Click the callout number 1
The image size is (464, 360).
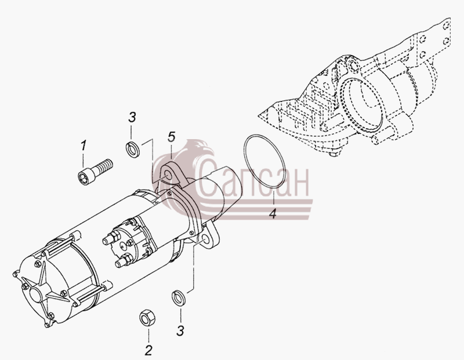coord(84,146)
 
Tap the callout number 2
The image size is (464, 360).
coord(148,350)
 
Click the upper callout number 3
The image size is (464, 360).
coord(132,117)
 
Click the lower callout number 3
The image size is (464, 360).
coord(180,330)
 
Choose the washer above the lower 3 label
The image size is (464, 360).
coord(179,297)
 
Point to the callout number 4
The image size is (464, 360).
coord(273,213)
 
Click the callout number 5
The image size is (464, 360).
coord(171,137)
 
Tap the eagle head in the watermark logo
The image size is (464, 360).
coord(200,150)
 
